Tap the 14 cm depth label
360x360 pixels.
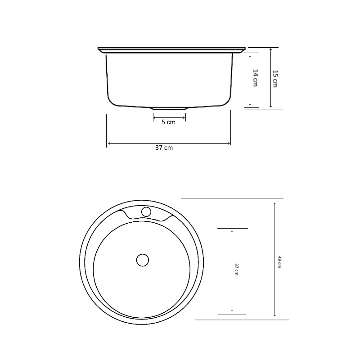click(x=255, y=78)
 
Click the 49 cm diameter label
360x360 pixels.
click(x=279, y=261)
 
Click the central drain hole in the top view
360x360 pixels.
click(x=142, y=260)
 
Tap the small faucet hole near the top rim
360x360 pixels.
click(x=146, y=211)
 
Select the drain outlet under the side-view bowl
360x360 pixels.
click(x=169, y=108)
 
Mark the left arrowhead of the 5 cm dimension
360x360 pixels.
click(x=154, y=118)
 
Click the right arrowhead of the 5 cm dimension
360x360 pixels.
click(x=184, y=118)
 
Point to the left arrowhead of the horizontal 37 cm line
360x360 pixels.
click(x=108, y=144)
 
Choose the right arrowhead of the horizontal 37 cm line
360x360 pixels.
click(x=229, y=144)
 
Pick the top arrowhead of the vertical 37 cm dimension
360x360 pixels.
click(x=232, y=231)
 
